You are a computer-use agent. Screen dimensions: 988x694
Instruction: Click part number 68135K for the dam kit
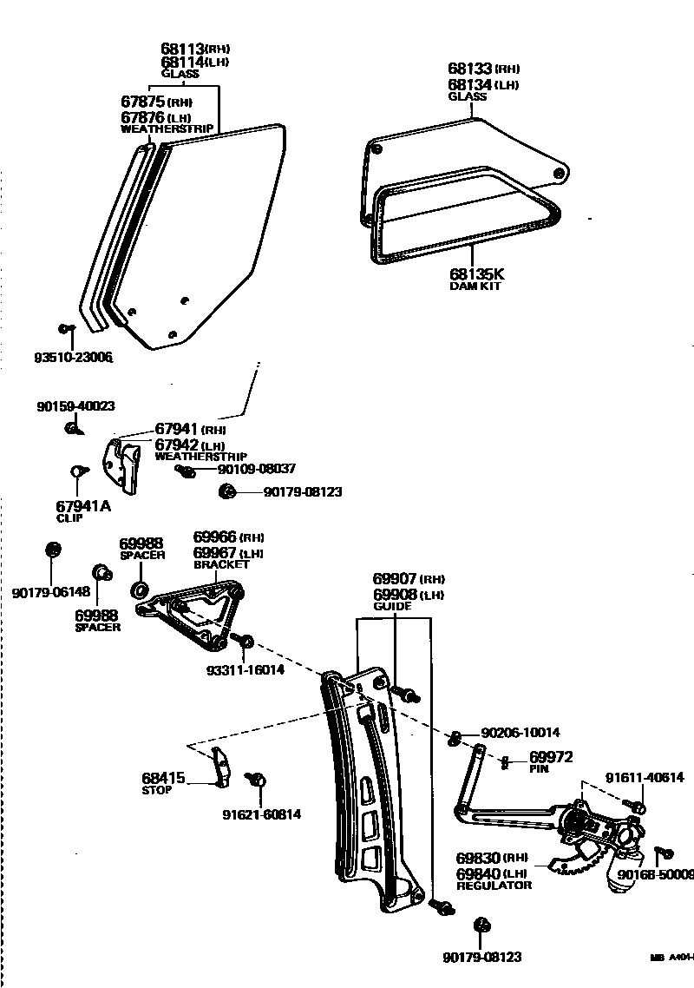coord(475,274)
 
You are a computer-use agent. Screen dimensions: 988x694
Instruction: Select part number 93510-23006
coord(74,357)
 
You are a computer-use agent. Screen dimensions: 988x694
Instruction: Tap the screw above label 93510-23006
coord(65,328)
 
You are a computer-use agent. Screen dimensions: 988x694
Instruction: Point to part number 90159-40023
coord(76,405)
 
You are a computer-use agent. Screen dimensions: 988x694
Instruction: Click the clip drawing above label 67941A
coord(75,471)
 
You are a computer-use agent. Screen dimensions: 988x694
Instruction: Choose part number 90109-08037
coord(257,468)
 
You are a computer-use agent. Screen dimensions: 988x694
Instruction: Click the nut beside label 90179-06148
coord(51,550)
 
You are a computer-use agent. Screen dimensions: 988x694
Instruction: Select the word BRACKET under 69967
coord(221,564)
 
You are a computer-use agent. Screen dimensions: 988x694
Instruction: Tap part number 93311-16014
coord(245,669)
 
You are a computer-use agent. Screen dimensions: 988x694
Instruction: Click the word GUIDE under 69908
coord(392,606)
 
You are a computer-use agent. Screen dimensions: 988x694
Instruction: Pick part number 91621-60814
coord(262,814)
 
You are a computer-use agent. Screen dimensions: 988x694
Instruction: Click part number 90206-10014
coord(520,732)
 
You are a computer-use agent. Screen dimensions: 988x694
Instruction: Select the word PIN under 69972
coord(539,768)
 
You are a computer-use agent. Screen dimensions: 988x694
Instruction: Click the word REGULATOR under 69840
coord(493,885)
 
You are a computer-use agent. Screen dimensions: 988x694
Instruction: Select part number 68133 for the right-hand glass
coord(470,68)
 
